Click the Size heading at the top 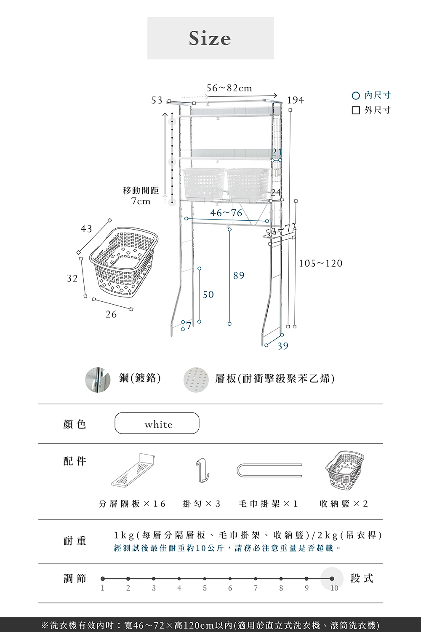click(210, 38)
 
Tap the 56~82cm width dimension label click(229, 88)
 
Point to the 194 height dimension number click(296, 100)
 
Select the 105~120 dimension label click(321, 264)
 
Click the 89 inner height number click(239, 276)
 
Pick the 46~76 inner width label click(226, 213)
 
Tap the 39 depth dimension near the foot click(283, 346)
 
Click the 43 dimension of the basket click(86, 229)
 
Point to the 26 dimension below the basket click(111, 314)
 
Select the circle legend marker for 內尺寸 click(356, 96)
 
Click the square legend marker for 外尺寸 click(356, 110)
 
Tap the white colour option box click(157, 423)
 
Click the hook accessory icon click(203, 471)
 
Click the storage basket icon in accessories click(344, 470)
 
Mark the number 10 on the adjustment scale click(334, 588)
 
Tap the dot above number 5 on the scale click(205, 579)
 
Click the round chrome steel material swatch click(98, 379)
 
